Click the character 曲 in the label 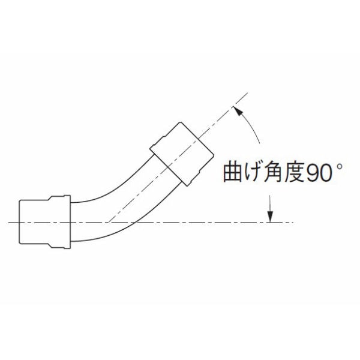233,172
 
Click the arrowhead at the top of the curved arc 238,111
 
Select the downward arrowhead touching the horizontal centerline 270,217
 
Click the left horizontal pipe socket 44,222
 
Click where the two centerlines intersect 109,223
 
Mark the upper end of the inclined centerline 248,93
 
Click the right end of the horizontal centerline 293,223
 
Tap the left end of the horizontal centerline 8,223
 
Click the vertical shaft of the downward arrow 270,203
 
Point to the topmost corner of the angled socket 181,122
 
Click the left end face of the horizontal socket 19,222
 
